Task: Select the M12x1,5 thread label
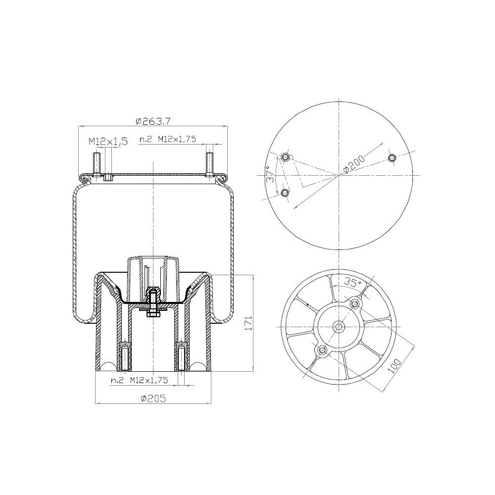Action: click(x=108, y=142)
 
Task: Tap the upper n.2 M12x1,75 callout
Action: click(x=168, y=140)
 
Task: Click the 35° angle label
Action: click(x=352, y=284)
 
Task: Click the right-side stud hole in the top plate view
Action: click(x=393, y=158)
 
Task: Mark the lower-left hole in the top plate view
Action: click(x=285, y=193)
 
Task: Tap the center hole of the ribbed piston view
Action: click(x=339, y=327)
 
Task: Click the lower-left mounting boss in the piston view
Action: click(x=322, y=351)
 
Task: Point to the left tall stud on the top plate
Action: click(x=96, y=164)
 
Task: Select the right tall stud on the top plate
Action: click(x=210, y=164)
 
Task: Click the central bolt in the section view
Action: click(x=153, y=302)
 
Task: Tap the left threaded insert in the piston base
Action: click(x=124, y=357)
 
